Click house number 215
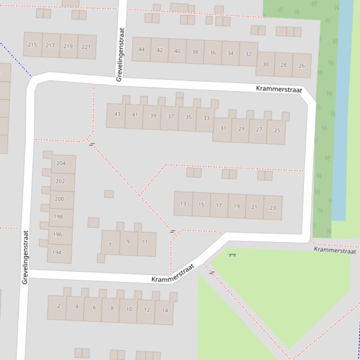tap(32, 45)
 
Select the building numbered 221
tap(86, 47)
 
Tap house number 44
tap(141, 49)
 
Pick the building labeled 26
tap(301, 65)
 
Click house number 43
tap(117, 114)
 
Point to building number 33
tap(206, 118)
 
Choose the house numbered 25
tap(277, 130)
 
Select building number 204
tap(61, 163)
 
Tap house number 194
tap(57, 252)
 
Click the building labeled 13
tap(183, 204)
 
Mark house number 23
tap(272, 208)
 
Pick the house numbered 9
tap(128, 242)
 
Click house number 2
tap(59, 306)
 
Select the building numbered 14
tap(165, 310)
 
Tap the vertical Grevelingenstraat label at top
tap(120, 55)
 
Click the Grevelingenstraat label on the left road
tap(25, 257)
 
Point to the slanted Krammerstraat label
tap(173, 274)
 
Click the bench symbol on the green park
tap(232, 255)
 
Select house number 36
tap(213, 52)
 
